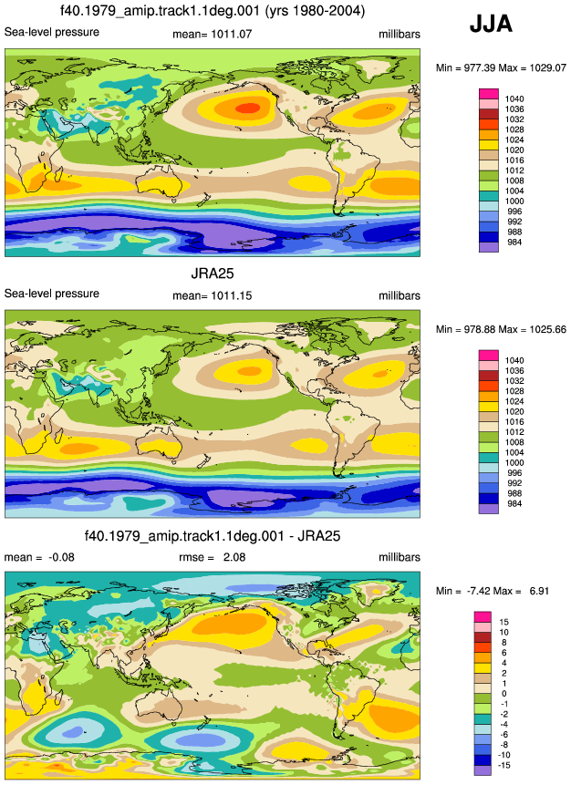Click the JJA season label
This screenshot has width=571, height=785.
(x=491, y=24)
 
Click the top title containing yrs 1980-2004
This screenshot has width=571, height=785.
(x=213, y=10)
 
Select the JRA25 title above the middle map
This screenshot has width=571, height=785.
(x=213, y=274)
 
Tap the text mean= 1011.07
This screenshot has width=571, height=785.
(x=212, y=34)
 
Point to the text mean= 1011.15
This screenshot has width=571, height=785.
(x=212, y=296)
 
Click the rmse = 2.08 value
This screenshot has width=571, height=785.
(x=212, y=557)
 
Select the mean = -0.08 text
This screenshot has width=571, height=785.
(x=39, y=557)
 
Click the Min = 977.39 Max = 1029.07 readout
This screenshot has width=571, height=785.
(x=501, y=67)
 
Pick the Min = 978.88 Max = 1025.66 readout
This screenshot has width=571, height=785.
(x=501, y=329)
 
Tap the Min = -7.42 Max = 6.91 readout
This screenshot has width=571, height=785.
(x=493, y=591)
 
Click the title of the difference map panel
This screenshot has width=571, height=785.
(x=213, y=536)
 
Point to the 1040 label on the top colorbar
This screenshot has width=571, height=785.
(x=514, y=99)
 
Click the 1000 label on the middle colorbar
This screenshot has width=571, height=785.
(x=514, y=462)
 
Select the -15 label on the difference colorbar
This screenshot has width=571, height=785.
(x=504, y=765)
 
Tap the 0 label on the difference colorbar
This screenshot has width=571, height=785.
(x=504, y=694)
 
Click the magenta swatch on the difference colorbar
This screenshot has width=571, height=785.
(x=483, y=616)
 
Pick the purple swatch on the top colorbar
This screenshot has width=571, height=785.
(x=489, y=247)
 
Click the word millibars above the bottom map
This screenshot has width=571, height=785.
(x=400, y=557)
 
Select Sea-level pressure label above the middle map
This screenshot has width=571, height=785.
(x=52, y=294)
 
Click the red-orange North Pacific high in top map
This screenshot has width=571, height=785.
(x=248, y=108)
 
